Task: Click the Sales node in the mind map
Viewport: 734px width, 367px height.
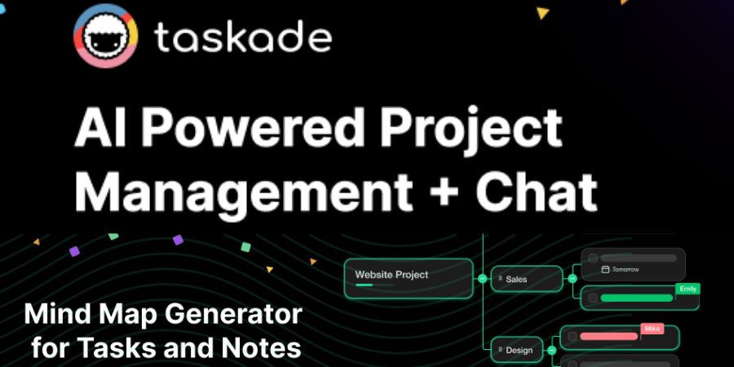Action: (x=526, y=279)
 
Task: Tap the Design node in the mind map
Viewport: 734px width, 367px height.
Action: (x=520, y=350)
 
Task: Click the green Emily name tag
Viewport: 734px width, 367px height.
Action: (x=687, y=288)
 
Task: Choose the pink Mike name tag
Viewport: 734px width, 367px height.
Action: (x=652, y=329)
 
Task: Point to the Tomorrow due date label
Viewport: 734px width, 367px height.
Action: (x=626, y=269)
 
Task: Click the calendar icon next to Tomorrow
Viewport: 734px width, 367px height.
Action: (x=605, y=269)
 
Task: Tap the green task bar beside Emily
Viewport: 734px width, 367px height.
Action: (x=637, y=298)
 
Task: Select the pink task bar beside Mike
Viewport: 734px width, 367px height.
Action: (x=608, y=336)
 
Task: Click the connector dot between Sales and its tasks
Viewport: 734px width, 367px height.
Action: (x=573, y=279)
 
